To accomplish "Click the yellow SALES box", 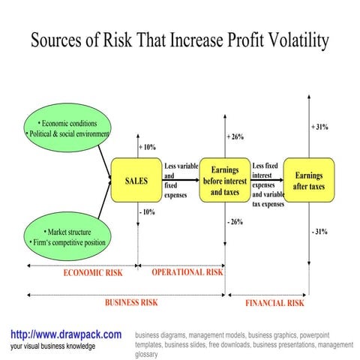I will [x=136, y=181].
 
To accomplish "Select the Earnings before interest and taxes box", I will [x=225, y=181].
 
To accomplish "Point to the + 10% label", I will [x=147, y=146].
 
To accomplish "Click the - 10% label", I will [x=147, y=212].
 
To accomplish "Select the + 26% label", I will [x=235, y=136].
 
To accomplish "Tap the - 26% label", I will [x=235, y=223].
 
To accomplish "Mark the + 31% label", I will [x=319, y=127].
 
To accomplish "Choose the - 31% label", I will [x=319, y=232].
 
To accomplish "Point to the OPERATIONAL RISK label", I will [x=187, y=272].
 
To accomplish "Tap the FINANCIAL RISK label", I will [x=274, y=303].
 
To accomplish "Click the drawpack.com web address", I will [x=66, y=334].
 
